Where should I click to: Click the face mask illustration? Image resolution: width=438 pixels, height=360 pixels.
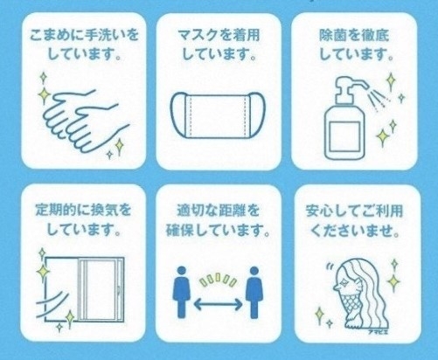[217, 115]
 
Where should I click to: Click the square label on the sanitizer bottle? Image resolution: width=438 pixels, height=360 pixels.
[344, 135]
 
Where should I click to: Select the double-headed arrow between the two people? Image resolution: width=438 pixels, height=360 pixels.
[218, 305]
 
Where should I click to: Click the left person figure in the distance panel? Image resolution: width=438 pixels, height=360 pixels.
[182, 292]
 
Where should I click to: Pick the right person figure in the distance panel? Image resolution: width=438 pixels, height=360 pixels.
[254, 292]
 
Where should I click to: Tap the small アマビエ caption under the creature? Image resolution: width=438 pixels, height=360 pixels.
[378, 331]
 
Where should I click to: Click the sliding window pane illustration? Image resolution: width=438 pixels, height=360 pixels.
[101, 290]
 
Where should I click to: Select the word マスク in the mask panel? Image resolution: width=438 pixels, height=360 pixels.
[197, 36]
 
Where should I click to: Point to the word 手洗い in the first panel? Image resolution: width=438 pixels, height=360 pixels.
[106, 36]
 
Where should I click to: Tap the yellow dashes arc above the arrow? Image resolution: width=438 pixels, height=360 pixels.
[218, 280]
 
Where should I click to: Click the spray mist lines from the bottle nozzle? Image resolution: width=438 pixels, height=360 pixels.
[379, 100]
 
